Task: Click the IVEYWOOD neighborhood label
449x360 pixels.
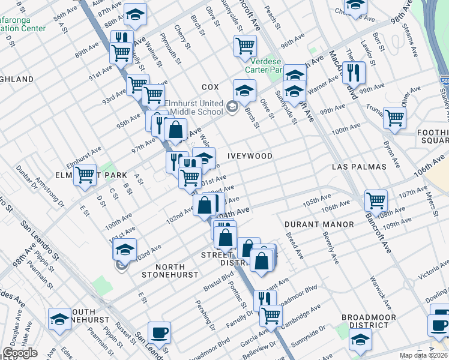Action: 250,156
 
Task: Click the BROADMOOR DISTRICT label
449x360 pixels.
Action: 369,321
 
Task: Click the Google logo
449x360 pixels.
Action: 20,353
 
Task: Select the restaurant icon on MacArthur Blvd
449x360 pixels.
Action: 354,72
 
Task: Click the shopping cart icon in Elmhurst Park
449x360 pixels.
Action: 85,175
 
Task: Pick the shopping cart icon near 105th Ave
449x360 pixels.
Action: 376,200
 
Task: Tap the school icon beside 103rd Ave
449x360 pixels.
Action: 125,249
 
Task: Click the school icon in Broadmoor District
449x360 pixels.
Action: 360,341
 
